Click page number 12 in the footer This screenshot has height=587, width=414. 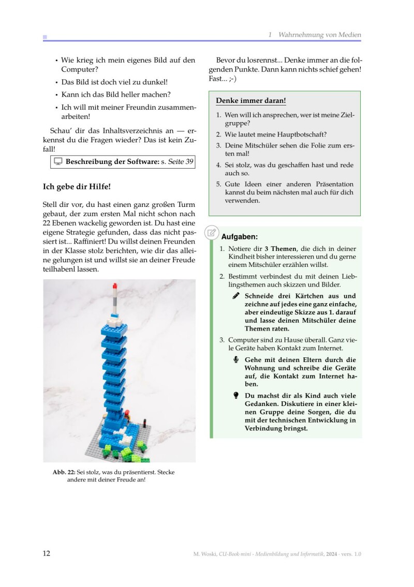pyautogui.click(x=47, y=553)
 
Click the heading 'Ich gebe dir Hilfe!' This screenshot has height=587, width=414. pyautogui.click(x=77, y=186)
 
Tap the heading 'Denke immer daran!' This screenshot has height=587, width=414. pyautogui.click(x=251, y=100)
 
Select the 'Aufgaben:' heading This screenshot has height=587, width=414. pyautogui.click(x=240, y=237)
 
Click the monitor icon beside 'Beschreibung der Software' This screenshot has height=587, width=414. pyautogui.click(x=58, y=162)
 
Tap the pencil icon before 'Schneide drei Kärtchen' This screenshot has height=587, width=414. pyautogui.click(x=236, y=296)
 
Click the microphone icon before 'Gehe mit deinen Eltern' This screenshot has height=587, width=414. pyautogui.click(x=236, y=360)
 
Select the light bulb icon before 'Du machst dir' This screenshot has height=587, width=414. pyautogui.click(x=236, y=396)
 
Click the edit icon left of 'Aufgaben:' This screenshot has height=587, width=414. pyautogui.click(x=211, y=233)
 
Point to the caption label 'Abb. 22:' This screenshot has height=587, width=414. pyautogui.click(x=64, y=472)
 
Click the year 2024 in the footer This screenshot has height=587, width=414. pyautogui.click(x=332, y=554)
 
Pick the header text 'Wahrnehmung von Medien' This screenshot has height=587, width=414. pyautogui.click(x=319, y=35)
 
